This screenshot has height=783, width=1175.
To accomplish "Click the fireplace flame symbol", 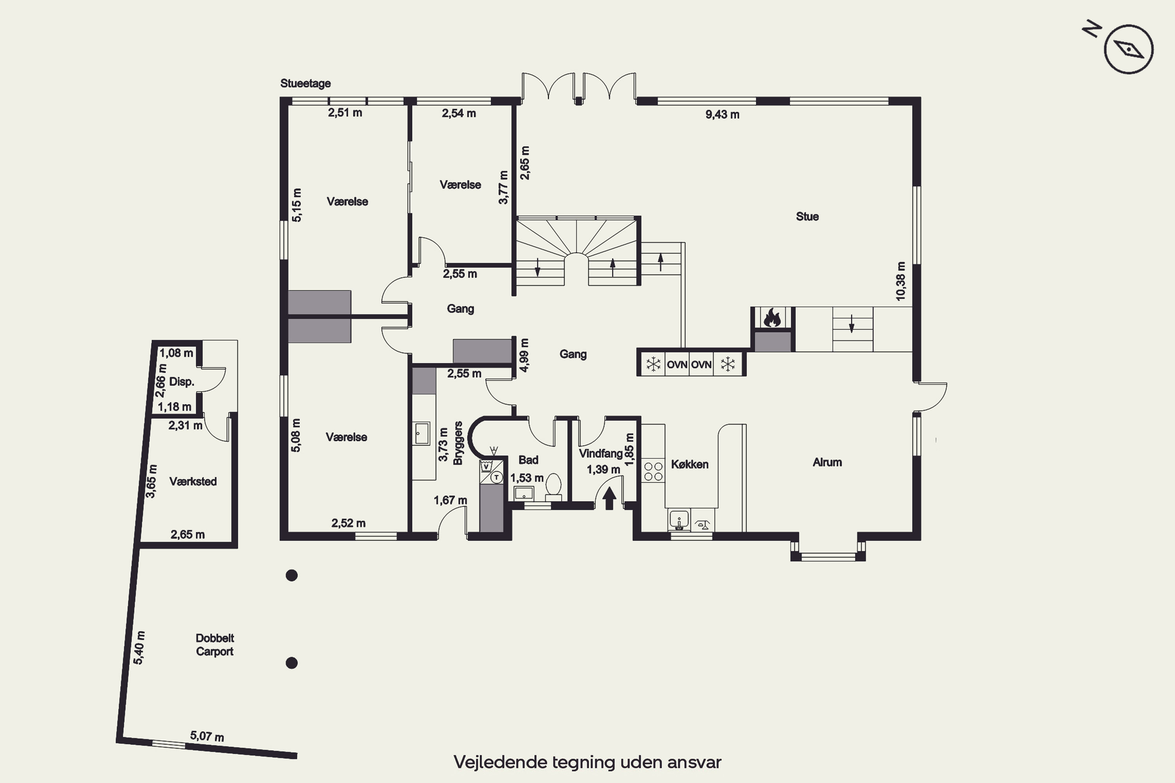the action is pyautogui.click(x=772, y=318).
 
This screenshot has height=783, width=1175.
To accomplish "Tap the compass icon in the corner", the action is pyautogui.click(x=1128, y=49).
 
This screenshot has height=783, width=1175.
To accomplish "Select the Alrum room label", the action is pyautogui.click(x=827, y=462).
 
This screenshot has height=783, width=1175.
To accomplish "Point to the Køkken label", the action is pyautogui.click(x=689, y=464).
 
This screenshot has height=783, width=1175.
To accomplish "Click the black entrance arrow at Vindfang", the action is pyautogui.click(x=609, y=498).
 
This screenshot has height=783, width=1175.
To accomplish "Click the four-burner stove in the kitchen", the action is pyautogui.click(x=653, y=471).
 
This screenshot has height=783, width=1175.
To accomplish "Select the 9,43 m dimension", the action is pyautogui.click(x=722, y=115).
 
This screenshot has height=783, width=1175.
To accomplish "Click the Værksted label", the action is pyautogui.click(x=193, y=482).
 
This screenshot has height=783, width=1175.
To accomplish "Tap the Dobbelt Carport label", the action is pyautogui.click(x=215, y=645).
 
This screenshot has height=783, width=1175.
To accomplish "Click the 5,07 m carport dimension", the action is pyautogui.click(x=207, y=736).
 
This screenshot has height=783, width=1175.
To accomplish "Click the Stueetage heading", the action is pyautogui.click(x=305, y=83).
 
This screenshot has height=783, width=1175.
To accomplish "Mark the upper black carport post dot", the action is pyautogui.click(x=292, y=575).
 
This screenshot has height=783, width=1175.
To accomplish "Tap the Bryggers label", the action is pyautogui.click(x=457, y=444).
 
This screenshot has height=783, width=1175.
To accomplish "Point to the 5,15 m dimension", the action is pyautogui.click(x=297, y=205).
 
